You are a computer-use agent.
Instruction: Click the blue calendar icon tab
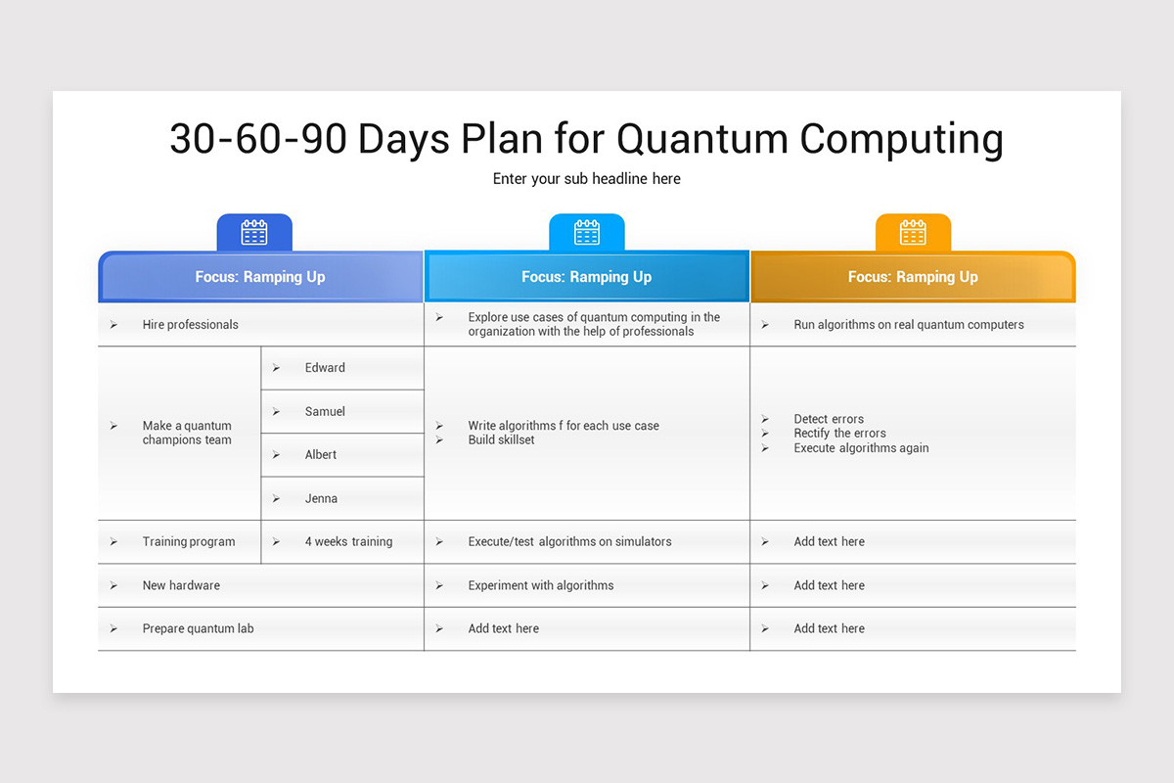(254, 233)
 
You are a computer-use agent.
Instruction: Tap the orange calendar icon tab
(913, 233)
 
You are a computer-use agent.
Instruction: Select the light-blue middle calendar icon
(587, 233)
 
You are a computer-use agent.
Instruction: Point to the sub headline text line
(586, 179)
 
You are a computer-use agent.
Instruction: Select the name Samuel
(325, 412)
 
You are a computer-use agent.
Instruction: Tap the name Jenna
(321, 499)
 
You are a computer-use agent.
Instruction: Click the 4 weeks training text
(348, 542)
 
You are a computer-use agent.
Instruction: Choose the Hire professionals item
(190, 325)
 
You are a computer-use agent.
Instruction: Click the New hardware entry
(181, 586)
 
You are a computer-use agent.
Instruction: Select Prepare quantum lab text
(198, 629)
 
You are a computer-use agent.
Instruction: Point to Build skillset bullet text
(501, 440)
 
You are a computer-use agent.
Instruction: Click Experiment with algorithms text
(541, 586)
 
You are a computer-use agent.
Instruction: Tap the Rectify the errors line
(839, 434)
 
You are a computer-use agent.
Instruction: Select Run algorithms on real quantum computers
(909, 325)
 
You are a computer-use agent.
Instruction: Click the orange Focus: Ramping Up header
(913, 277)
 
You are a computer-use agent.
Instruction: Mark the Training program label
(189, 542)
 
